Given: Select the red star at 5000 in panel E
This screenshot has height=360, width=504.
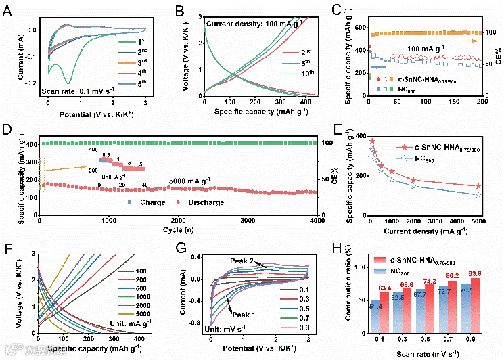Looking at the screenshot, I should [x=478, y=186].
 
